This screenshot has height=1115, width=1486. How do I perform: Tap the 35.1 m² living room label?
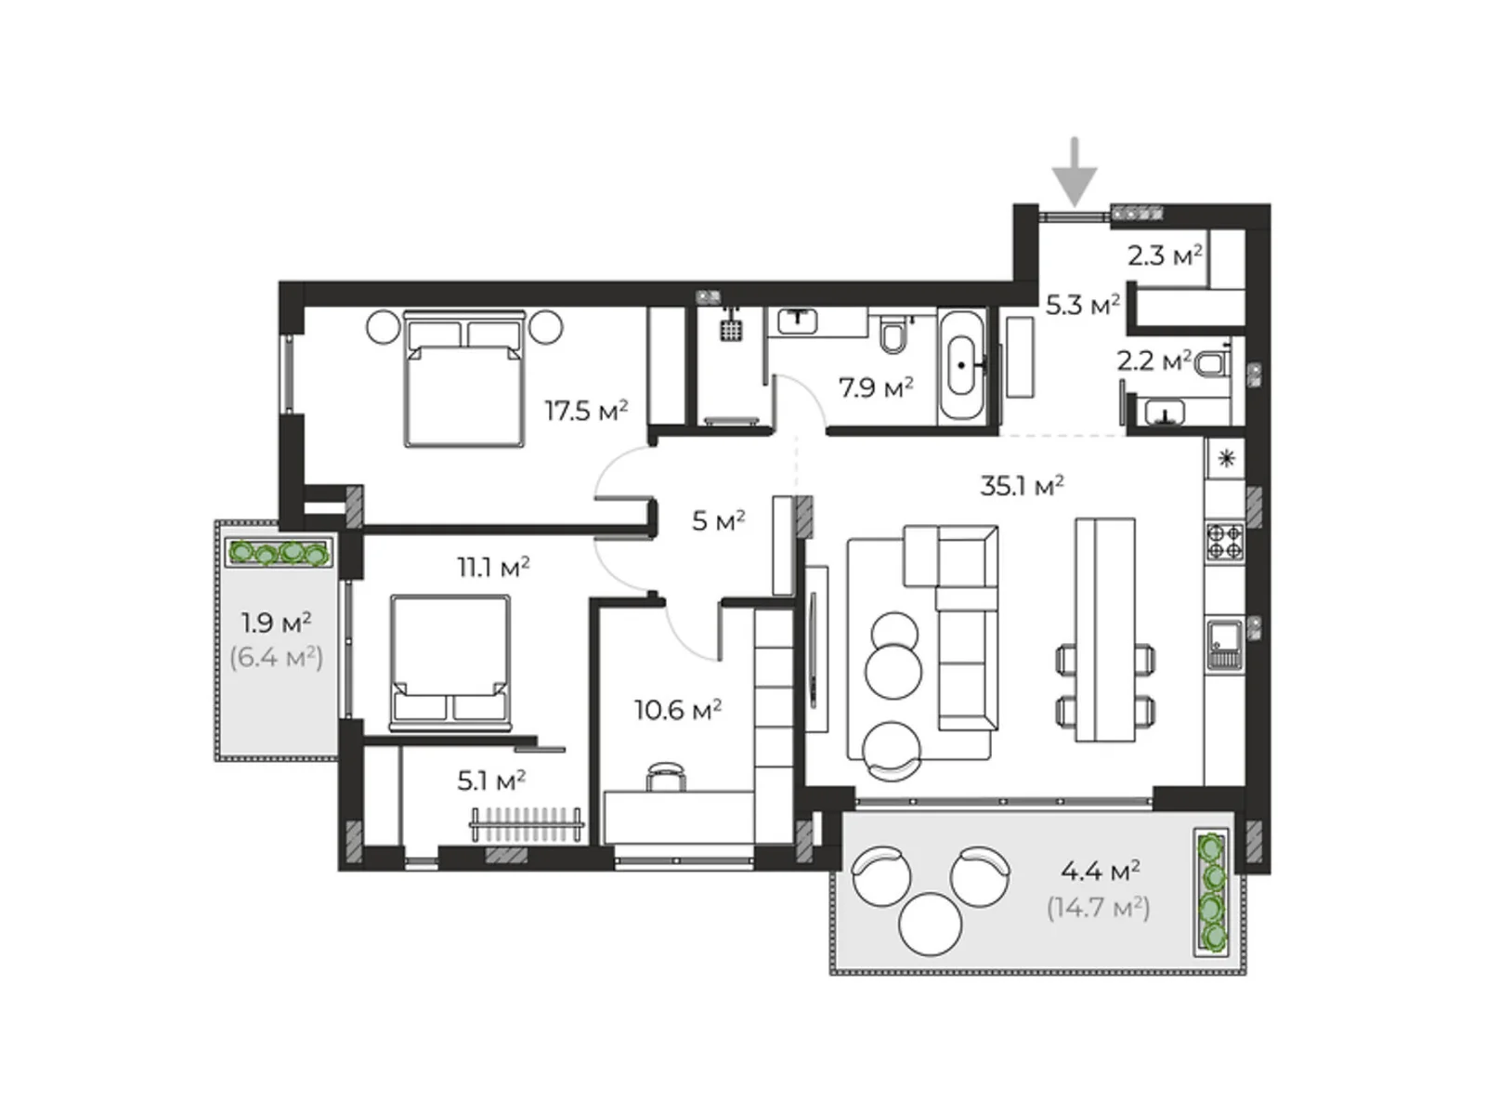(x=1022, y=486)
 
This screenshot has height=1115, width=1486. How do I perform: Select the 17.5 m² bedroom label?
(x=586, y=410)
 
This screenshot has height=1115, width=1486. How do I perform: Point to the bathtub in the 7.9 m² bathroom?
(x=961, y=366)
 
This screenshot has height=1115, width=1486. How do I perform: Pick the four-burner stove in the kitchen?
(x=1224, y=541)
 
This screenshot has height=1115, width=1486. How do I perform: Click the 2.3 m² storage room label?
(x=1165, y=255)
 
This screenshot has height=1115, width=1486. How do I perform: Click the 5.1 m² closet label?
(x=491, y=780)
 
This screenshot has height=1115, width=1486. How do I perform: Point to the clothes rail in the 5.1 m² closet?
(x=527, y=824)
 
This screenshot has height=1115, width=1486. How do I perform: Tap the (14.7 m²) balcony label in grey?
(x=1098, y=907)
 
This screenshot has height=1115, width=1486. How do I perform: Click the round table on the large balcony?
(x=930, y=923)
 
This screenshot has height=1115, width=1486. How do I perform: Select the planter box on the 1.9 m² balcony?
(x=280, y=554)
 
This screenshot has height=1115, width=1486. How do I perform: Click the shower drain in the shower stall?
(x=732, y=330)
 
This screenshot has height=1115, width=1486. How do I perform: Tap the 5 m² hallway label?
(x=718, y=521)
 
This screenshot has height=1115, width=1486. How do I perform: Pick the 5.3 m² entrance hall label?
(x=1082, y=305)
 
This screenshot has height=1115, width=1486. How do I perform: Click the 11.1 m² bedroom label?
(x=493, y=566)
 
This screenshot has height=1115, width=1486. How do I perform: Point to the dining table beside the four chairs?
(x=1105, y=629)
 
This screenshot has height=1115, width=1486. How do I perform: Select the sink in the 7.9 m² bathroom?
(x=797, y=321)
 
